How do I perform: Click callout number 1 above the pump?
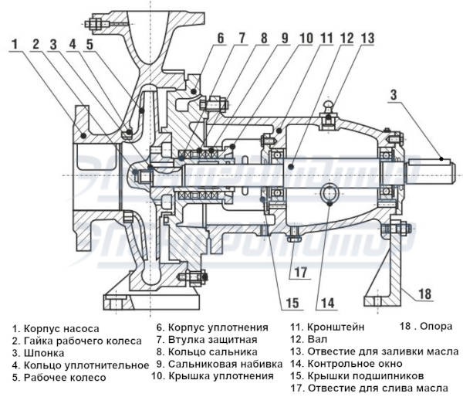click(15, 44)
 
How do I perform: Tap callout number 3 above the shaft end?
click(393, 95)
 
